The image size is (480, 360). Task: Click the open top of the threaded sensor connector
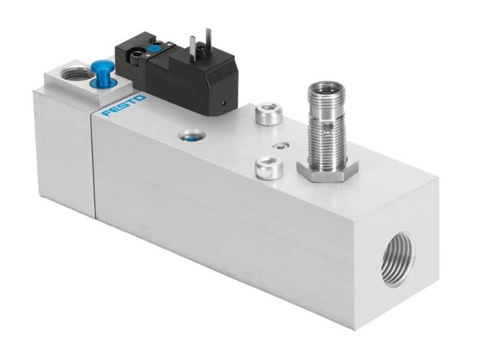coord(326,87)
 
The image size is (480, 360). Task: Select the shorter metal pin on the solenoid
coord(193,46)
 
